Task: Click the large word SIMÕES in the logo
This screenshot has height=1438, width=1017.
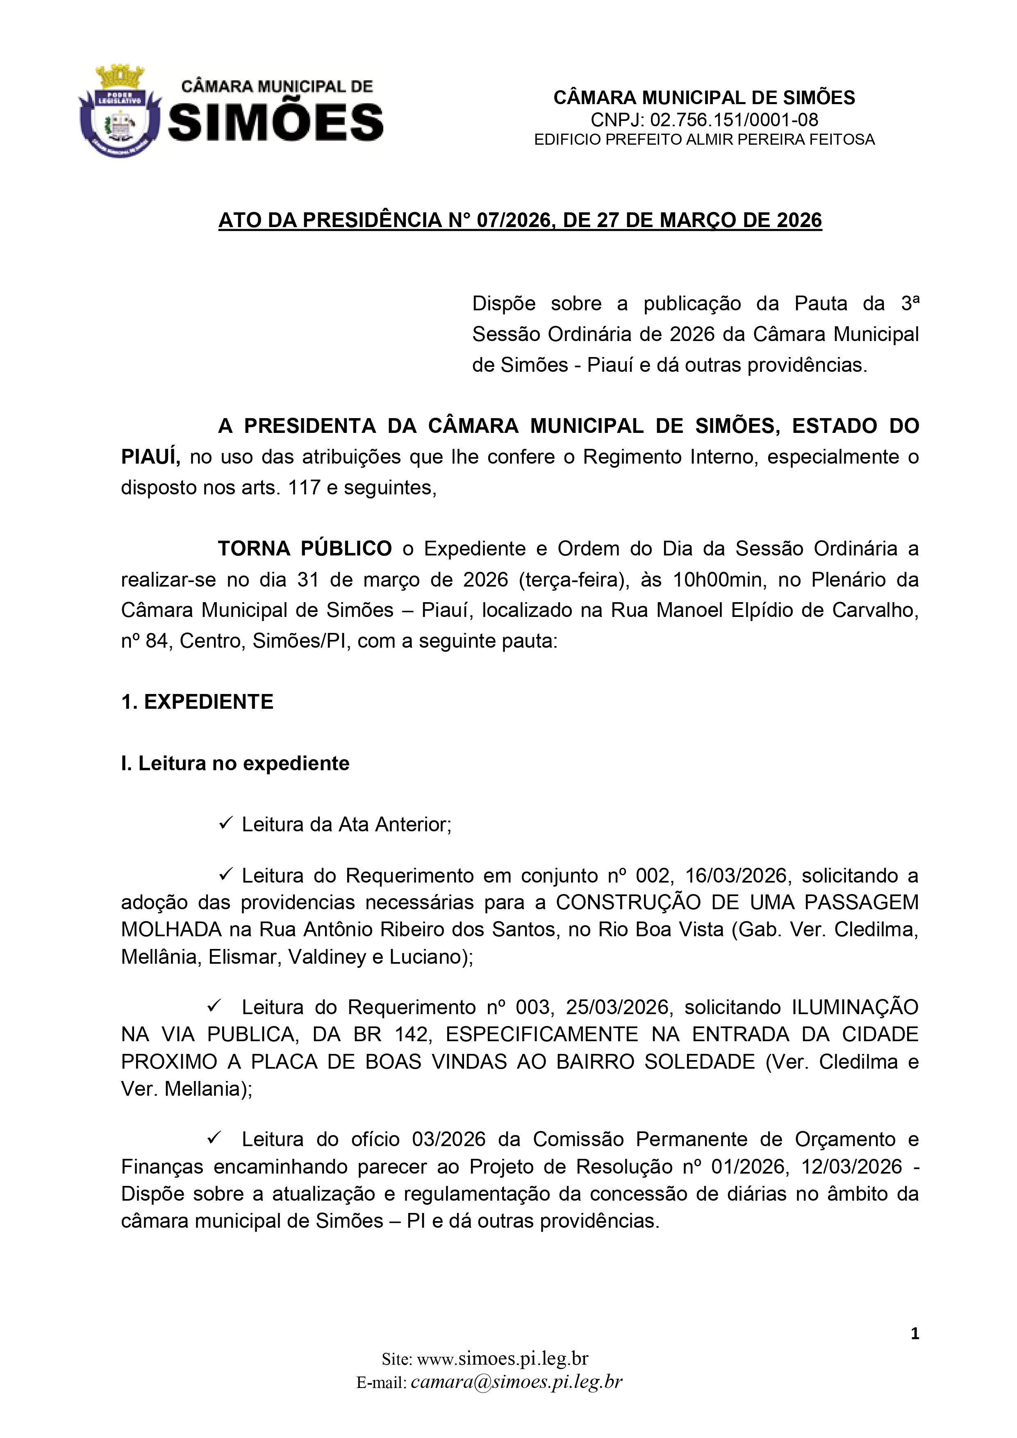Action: tap(275, 122)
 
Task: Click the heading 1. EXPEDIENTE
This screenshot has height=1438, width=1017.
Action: tap(197, 702)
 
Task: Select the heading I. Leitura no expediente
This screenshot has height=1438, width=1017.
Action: tap(235, 763)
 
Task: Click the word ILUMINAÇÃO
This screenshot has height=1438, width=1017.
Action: tap(855, 1007)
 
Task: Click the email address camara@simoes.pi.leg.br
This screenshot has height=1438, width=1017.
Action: tap(516, 1381)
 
